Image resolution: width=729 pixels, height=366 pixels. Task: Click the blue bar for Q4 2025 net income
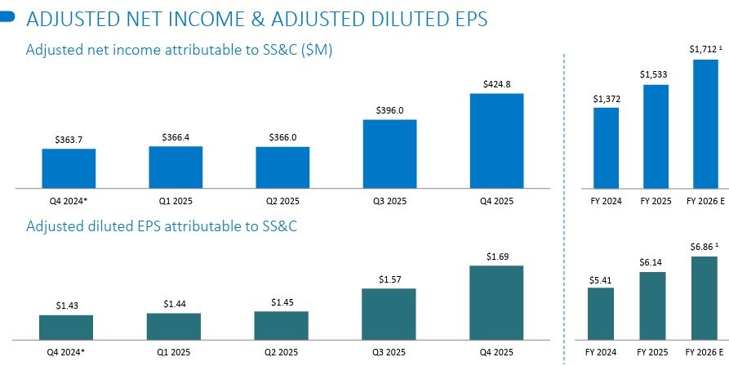pyautogui.click(x=496, y=141)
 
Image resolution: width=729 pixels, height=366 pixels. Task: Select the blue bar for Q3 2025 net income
pyautogui.click(x=389, y=154)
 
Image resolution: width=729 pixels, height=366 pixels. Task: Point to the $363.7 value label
pyautogui.click(x=69, y=140)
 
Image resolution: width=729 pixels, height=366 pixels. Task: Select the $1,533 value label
pyautogui.click(x=651, y=75)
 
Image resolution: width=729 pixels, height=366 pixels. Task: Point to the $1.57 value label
pyautogui.click(x=389, y=279)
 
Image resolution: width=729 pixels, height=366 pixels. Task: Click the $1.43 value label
pyautogui.click(x=67, y=306)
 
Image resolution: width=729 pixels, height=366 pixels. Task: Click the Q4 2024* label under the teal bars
pyautogui.click(x=67, y=352)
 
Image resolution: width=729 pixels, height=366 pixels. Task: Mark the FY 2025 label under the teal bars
pyautogui.click(x=651, y=352)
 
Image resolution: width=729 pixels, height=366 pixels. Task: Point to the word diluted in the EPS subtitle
pyautogui.click(x=114, y=225)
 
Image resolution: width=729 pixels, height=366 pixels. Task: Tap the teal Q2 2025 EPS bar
pyautogui.click(x=282, y=325)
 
